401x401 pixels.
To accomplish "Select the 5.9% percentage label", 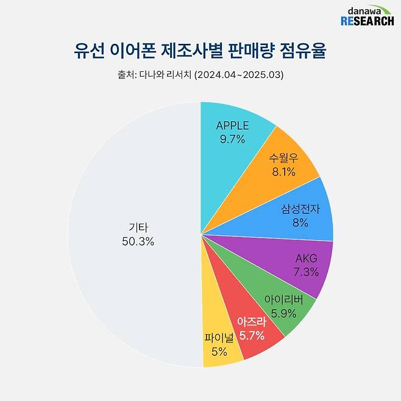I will coord(283,313).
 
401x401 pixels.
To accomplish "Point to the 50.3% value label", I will coord(138,241).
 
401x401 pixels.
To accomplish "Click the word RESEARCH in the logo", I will coord(367,21).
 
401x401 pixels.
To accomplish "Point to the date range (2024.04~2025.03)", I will coord(238,76).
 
